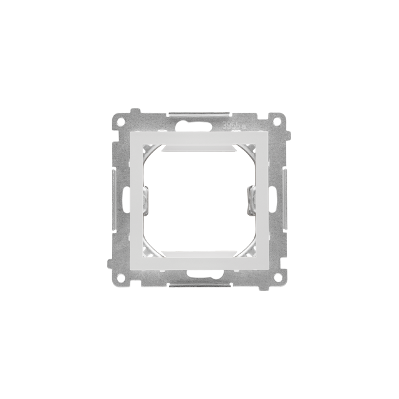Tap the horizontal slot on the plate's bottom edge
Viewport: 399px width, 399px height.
[x=199, y=284]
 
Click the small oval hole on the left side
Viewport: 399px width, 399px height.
[x=127, y=199]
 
